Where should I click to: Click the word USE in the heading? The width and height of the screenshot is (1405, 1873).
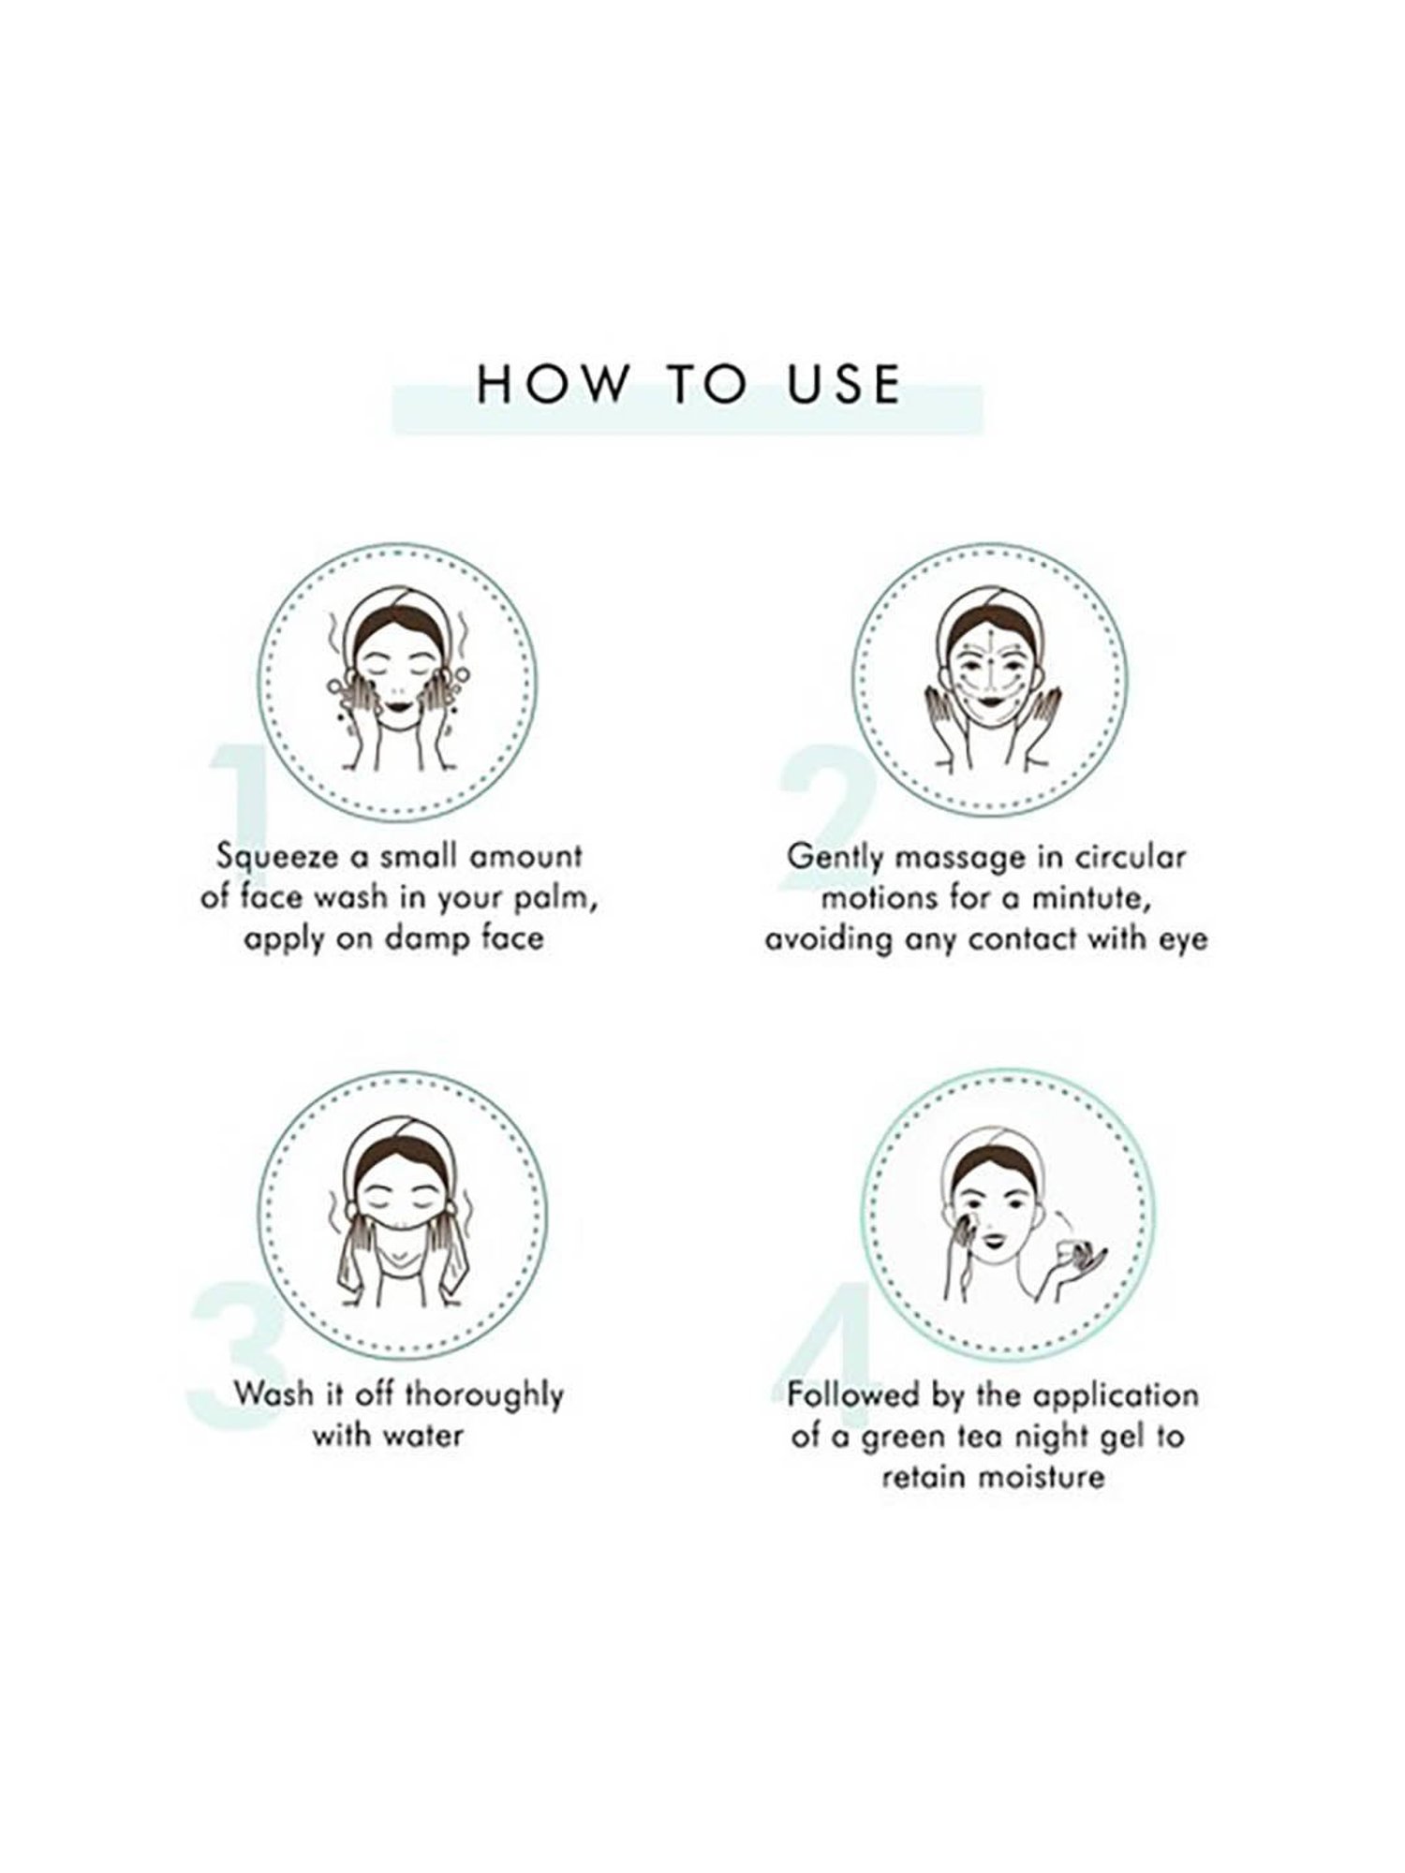(x=845, y=384)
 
